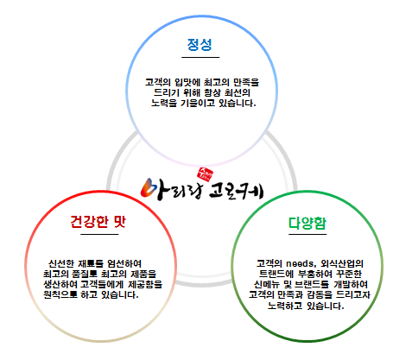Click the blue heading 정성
click(200, 45)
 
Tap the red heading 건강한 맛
click(98, 222)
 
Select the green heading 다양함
click(307, 223)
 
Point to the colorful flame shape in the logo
click(149, 187)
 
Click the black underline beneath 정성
click(200, 57)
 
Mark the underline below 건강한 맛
click(99, 234)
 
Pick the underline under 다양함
click(307, 234)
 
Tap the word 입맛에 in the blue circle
click(187, 83)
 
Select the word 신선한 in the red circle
click(61, 263)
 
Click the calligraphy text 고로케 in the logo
click(236, 192)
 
